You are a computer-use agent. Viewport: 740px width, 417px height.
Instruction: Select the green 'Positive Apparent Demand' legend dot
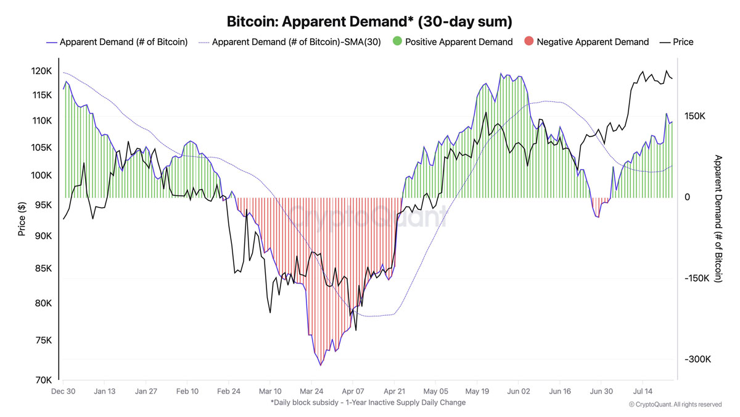click(398, 42)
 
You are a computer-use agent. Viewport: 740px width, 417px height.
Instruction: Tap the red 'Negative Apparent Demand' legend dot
click(528, 42)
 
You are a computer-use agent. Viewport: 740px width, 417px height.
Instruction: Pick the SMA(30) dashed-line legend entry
click(292, 42)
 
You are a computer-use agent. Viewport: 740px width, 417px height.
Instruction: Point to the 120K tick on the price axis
click(42, 72)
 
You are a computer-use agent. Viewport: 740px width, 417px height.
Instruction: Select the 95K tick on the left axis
click(42, 205)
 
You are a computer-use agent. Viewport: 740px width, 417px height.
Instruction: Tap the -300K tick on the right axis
click(697, 360)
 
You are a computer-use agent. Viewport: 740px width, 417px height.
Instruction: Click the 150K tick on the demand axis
click(694, 117)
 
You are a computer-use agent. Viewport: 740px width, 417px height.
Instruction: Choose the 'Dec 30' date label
click(63, 391)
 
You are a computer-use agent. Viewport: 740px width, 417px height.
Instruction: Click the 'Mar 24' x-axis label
click(311, 391)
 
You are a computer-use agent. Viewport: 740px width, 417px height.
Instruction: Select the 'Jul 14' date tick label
click(643, 391)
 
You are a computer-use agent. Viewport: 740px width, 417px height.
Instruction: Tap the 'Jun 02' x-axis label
click(519, 391)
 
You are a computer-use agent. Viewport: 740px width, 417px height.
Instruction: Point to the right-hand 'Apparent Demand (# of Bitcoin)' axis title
click(718, 219)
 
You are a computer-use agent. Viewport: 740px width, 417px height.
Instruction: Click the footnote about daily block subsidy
click(368, 402)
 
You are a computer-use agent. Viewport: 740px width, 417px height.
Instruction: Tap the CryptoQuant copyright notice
click(675, 405)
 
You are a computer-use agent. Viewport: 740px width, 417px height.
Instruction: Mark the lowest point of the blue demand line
click(321, 365)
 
